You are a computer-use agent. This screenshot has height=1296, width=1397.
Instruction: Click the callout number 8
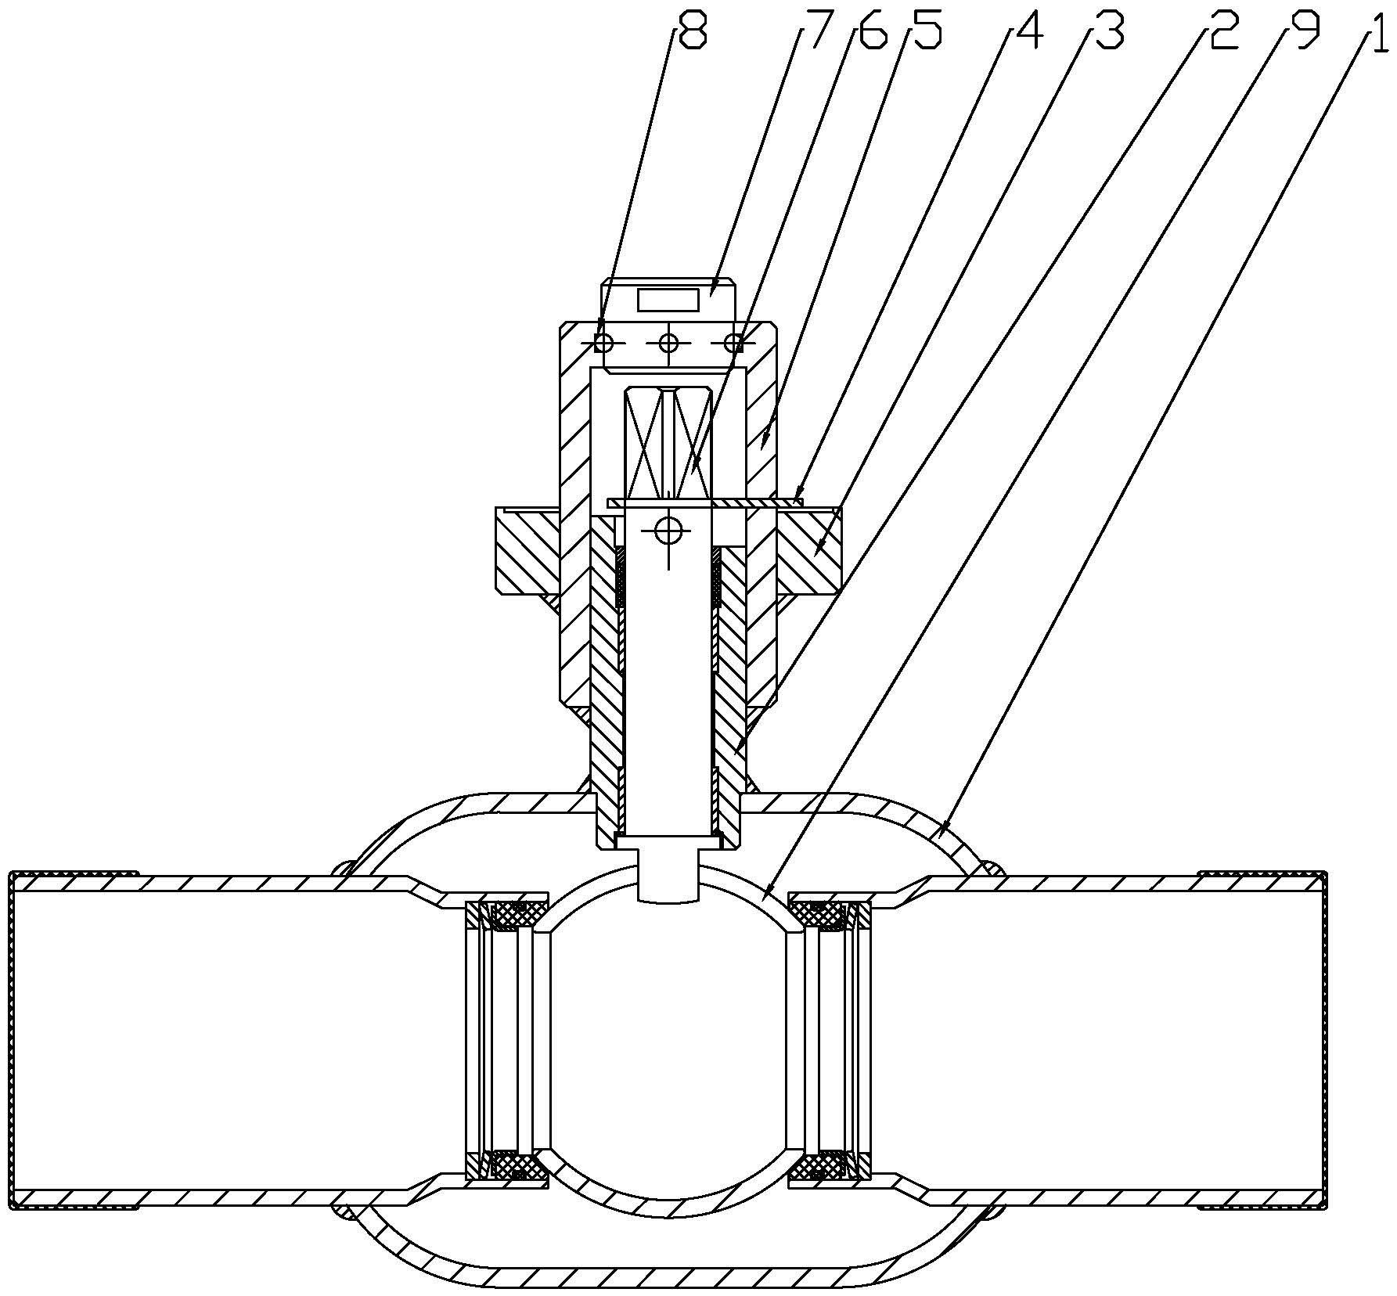click(x=692, y=32)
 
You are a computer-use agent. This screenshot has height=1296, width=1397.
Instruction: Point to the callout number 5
click(x=926, y=32)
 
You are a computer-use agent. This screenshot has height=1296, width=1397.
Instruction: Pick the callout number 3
click(x=1109, y=32)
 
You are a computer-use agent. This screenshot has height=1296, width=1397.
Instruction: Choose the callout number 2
click(x=1223, y=32)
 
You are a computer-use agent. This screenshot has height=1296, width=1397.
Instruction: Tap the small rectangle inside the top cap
click(x=668, y=300)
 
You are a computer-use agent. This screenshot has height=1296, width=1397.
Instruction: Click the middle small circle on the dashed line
click(x=669, y=343)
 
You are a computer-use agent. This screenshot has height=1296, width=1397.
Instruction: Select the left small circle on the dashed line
click(x=603, y=343)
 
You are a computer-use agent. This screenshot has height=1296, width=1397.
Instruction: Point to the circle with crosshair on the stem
click(x=668, y=532)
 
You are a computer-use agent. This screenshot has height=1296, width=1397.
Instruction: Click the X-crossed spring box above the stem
click(x=668, y=444)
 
